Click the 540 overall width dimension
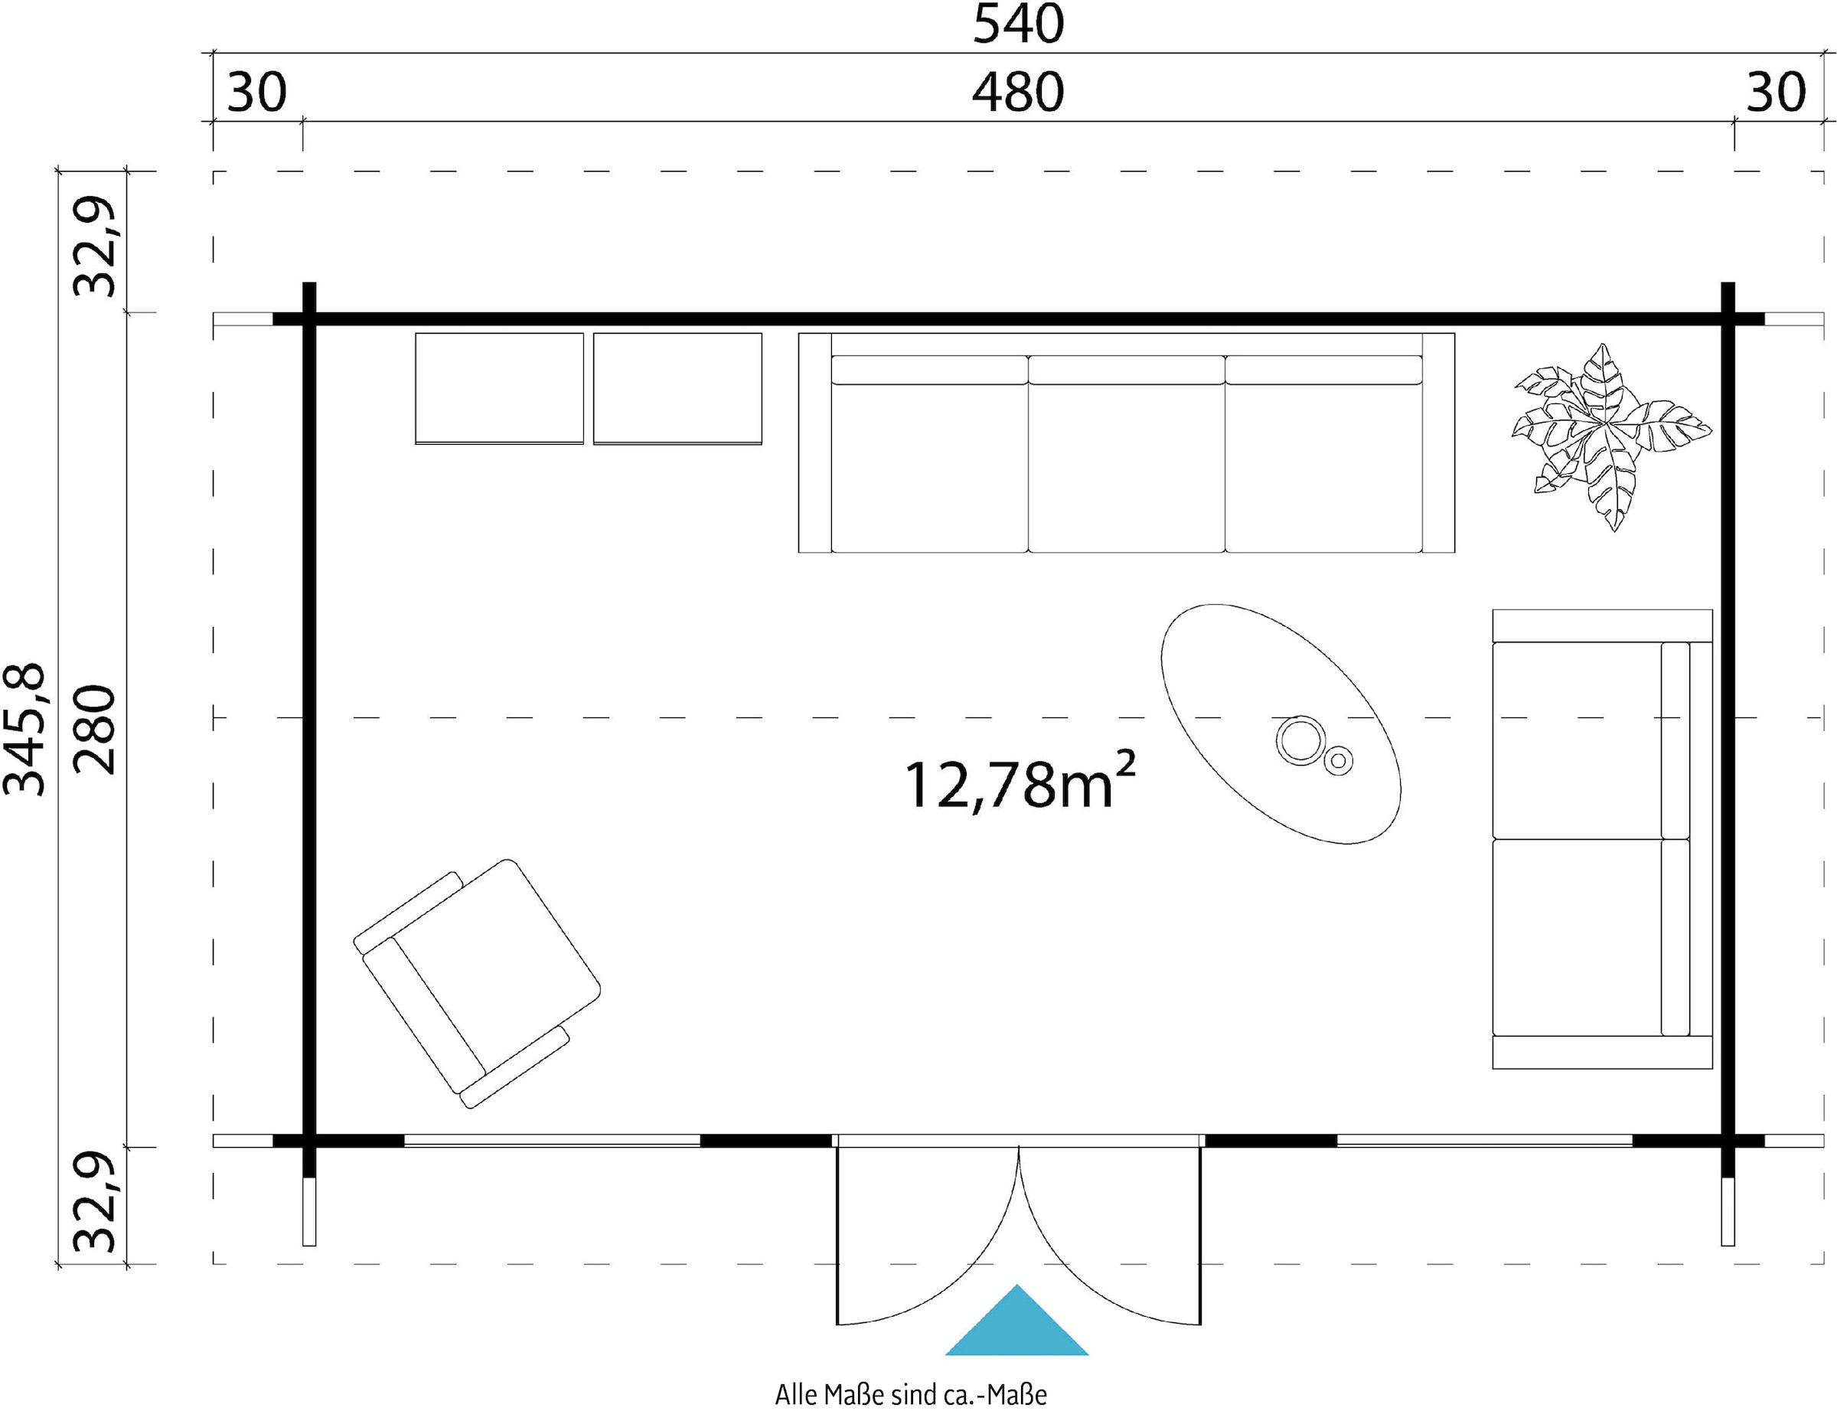(x=1019, y=24)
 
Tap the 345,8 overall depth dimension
(x=25, y=728)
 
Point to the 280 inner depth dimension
(x=93, y=729)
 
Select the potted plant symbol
(x=1611, y=436)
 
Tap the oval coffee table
(x=1281, y=724)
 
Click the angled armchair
(x=477, y=984)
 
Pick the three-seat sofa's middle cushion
(x=1127, y=453)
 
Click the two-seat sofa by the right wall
(x=1602, y=839)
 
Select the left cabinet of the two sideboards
(x=500, y=389)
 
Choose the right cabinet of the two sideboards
(x=677, y=389)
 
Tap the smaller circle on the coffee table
(x=1338, y=761)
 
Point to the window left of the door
(x=552, y=1141)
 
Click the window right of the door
(x=1484, y=1141)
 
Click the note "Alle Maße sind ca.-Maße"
(x=911, y=1394)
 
